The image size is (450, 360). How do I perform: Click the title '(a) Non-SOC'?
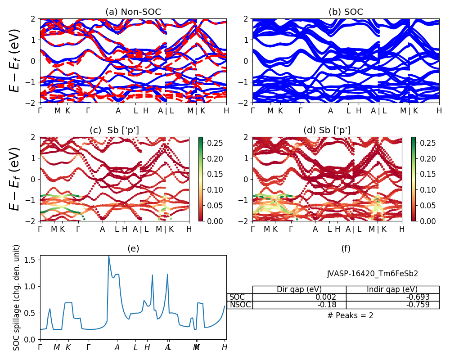pyautogui.click(x=133, y=12)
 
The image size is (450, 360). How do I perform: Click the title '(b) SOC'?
pyautogui.click(x=346, y=12)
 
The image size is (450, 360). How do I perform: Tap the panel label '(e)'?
pyautogui.click(x=133, y=248)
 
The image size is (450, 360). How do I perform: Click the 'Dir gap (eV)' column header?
pyautogui.click(x=299, y=289)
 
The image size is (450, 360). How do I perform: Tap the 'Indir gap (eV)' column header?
pyautogui.click(x=392, y=289)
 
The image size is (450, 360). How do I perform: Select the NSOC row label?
pyautogui.click(x=240, y=305)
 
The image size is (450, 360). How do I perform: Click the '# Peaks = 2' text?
pyautogui.click(x=351, y=315)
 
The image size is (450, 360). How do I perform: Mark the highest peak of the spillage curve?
pyautogui.click(x=108, y=256)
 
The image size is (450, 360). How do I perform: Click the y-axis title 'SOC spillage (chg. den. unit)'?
pyautogui.click(x=17, y=297)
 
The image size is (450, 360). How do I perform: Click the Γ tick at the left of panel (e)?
pyautogui.click(x=40, y=347)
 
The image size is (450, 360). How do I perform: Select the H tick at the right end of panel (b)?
pyautogui.click(x=439, y=111)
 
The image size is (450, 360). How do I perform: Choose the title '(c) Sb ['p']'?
pyautogui.click(x=114, y=130)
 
